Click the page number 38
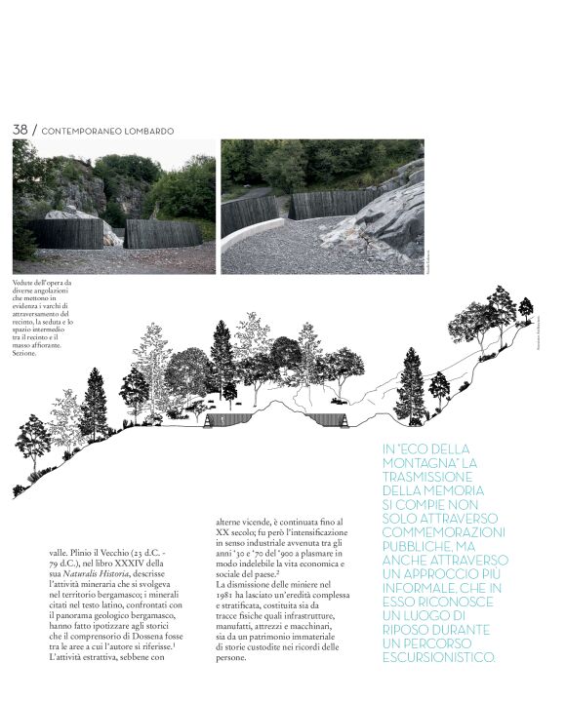pos(20,130)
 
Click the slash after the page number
pos(35,130)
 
